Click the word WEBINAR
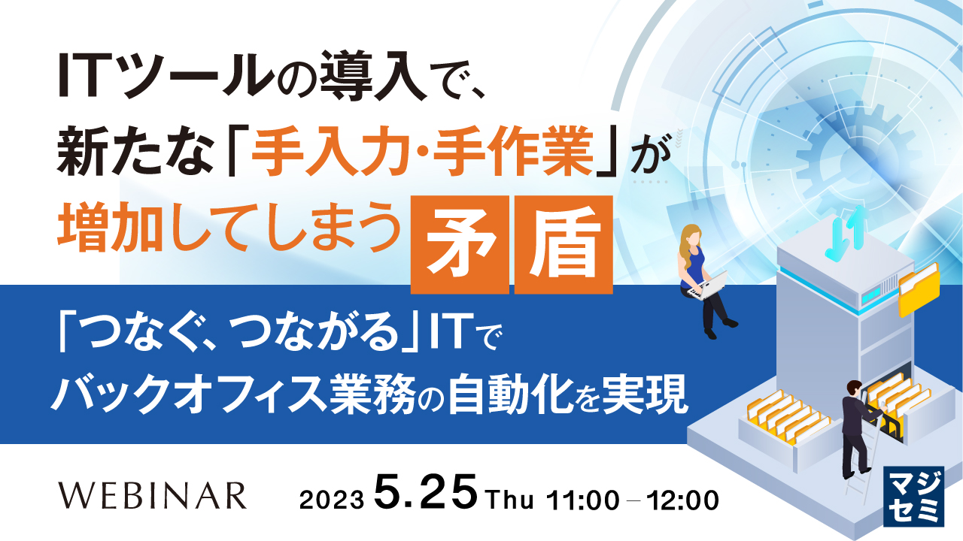[x=152, y=495]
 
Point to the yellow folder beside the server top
[x=919, y=289]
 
